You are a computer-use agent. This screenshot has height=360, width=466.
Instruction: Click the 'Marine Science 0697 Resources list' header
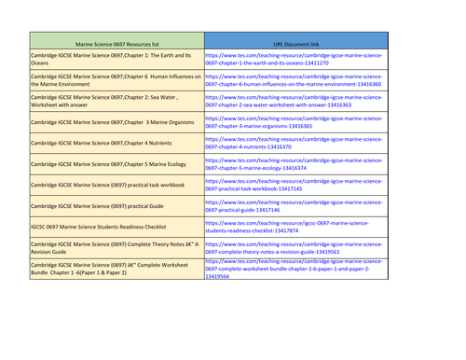coord(116,42)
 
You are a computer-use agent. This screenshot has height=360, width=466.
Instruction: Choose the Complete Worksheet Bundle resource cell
coord(116,269)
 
